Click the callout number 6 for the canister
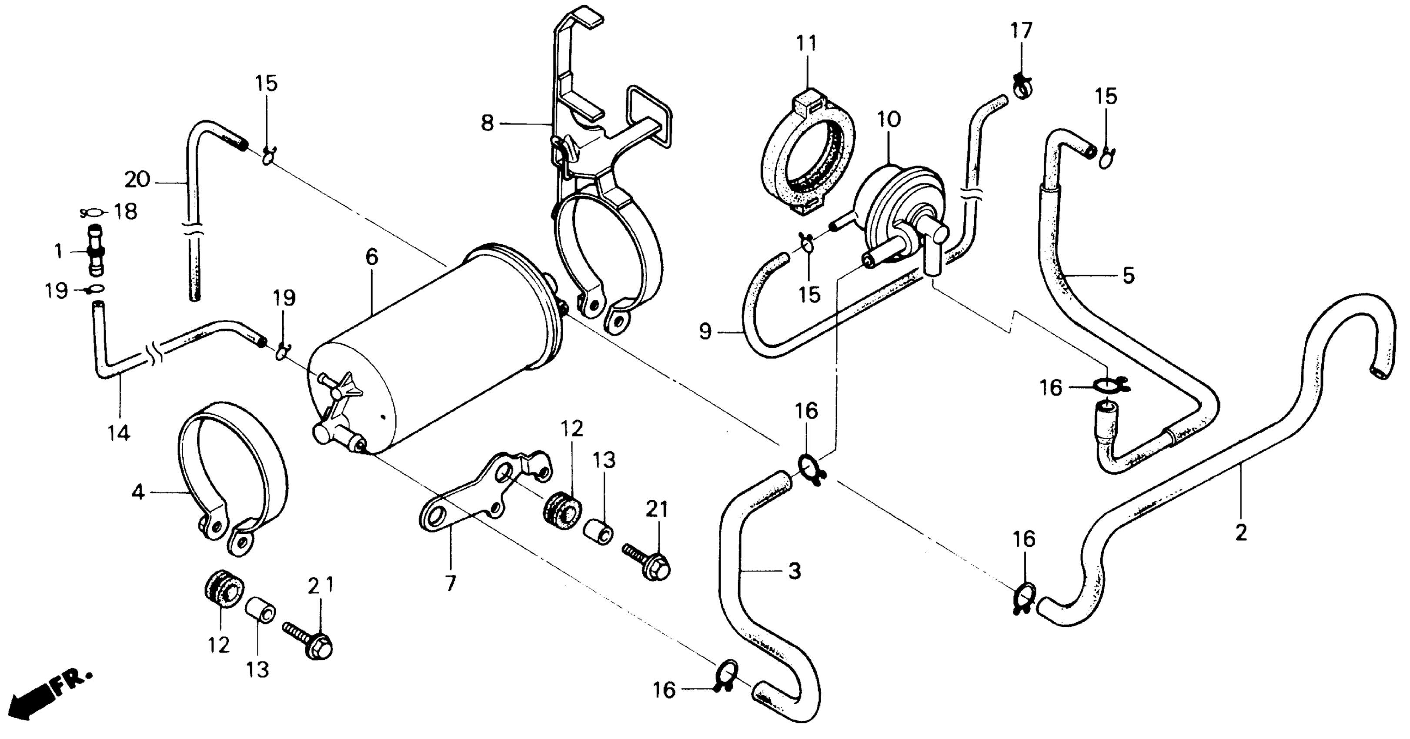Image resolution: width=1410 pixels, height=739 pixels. coord(372,256)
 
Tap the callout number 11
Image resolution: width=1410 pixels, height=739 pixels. coord(807,43)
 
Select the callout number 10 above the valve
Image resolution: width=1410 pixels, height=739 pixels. coord(889,119)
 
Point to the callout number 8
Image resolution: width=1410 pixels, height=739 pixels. coord(487,123)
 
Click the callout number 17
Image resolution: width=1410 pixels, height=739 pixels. coord(1021,30)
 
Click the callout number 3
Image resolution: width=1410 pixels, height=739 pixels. coord(794,571)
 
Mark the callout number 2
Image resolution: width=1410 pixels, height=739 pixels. coord(1241,531)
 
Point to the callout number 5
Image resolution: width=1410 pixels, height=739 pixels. coord(1128,275)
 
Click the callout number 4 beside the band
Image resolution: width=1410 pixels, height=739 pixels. coord(138,492)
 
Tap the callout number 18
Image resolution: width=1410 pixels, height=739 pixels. coord(125,211)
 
